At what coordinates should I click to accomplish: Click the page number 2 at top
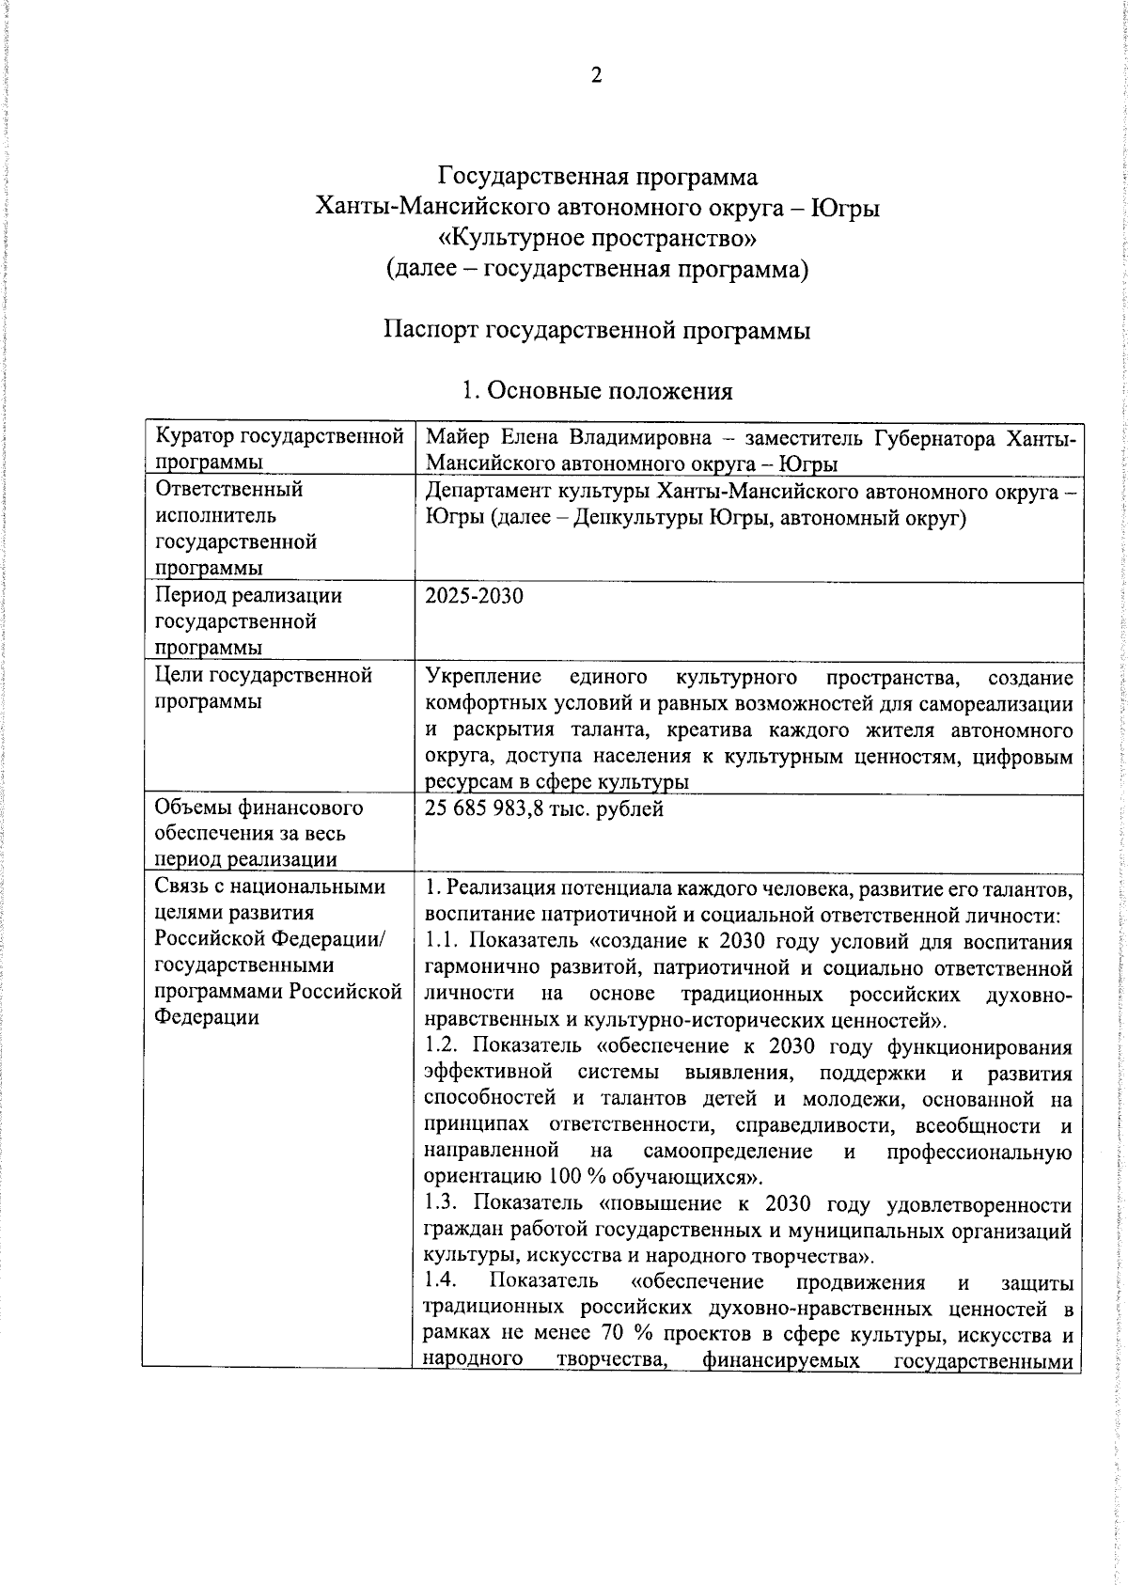(596, 76)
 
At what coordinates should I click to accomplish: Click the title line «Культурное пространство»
(598, 238)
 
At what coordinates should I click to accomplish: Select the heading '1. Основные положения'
(598, 391)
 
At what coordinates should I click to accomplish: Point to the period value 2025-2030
(474, 596)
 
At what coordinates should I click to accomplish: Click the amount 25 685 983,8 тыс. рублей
(544, 808)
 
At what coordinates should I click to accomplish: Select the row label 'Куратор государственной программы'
(279, 448)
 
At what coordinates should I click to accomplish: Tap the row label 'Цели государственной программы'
(263, 688)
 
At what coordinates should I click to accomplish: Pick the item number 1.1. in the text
(441, 941)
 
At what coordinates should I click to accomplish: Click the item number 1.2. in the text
(442, 1046)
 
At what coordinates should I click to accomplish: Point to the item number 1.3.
(442, 1204)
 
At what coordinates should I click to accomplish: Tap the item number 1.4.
(441, 1281)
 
